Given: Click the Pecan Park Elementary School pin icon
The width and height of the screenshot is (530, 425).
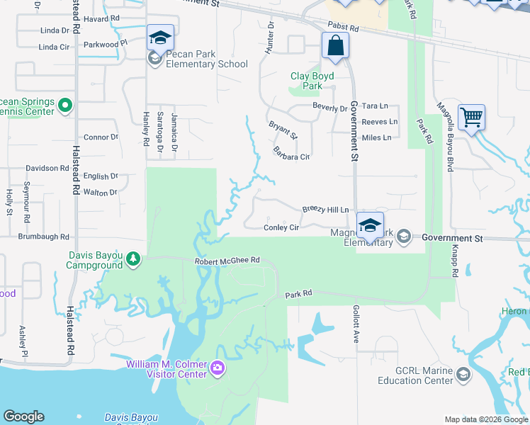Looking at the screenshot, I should coord(161,38).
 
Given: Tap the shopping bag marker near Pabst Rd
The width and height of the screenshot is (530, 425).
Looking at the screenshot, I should coord(335,47).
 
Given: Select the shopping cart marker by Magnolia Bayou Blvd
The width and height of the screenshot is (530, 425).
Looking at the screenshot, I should coord(471,117).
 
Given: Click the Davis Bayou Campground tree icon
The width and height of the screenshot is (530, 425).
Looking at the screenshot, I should coord(133,260).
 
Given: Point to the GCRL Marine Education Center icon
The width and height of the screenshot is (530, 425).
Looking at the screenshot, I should coord(463,374).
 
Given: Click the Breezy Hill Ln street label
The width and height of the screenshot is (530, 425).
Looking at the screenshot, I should coord(326,210).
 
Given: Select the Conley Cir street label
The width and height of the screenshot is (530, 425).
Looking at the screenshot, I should coord(281,227).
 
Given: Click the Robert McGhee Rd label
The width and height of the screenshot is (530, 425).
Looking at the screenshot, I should coord(227,261).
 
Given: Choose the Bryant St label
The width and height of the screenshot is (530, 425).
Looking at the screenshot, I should coord(283,130).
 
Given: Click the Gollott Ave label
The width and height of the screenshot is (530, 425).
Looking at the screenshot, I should coord(356,324).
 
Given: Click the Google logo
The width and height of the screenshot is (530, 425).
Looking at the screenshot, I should coord(23,416).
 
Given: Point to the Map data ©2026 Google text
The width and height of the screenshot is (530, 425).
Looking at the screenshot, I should coord(485,419).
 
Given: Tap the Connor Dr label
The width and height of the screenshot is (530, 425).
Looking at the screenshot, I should coord(101,137).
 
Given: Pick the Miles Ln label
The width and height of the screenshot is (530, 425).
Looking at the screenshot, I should coord(376,137).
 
